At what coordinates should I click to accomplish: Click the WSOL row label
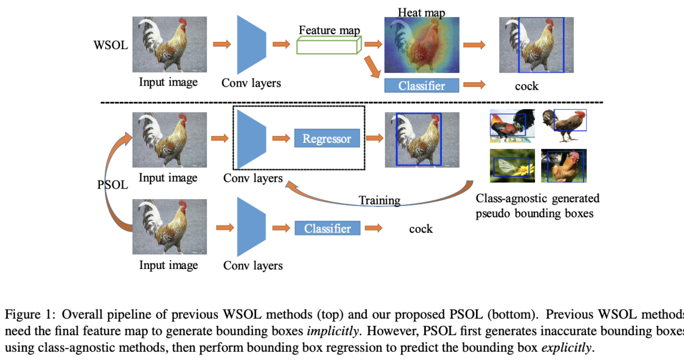pos(110,45)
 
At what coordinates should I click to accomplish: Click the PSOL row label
pos(113,185)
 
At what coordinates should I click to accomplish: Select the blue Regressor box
pos(327,138)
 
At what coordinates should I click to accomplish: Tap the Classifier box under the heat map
pos(421,85)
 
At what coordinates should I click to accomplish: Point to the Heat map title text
pos(421,12)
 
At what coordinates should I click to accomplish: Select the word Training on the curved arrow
pos(380,200)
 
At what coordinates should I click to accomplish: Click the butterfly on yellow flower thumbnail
pos(512,165)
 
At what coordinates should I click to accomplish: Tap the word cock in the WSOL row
pos(526,86)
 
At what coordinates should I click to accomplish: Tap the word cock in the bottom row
pos(421,229)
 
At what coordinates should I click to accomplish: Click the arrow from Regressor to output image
pos(375,138)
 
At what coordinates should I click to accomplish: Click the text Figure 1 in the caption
pos(28,314)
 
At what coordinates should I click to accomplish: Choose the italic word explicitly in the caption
pos(567,348)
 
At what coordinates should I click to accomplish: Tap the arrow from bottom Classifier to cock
pos(373,228)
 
